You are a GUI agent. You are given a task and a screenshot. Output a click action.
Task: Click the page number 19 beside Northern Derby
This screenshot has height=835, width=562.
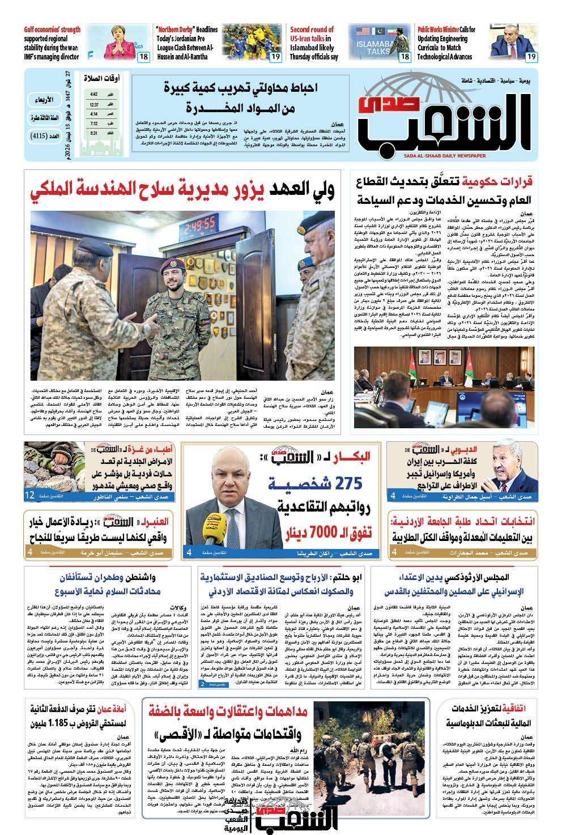click(x=275, y=57)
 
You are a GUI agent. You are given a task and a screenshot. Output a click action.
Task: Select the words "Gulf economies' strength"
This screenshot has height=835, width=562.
click(x=52, y=29)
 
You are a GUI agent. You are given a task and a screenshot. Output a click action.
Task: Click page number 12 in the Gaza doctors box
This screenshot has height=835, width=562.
click(x=29, y=496)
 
